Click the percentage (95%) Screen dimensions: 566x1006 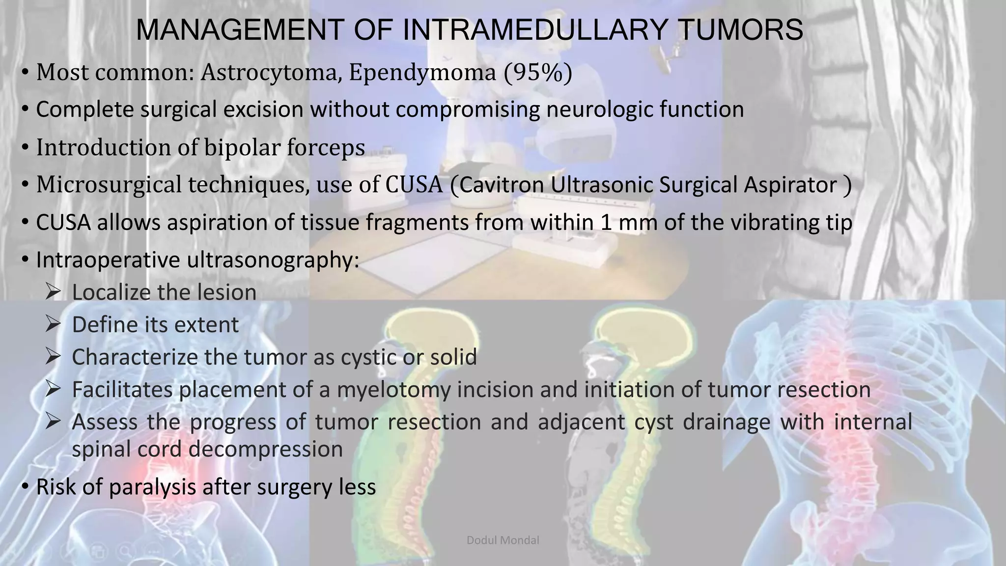tap(537, 73)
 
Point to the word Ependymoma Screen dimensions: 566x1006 tap(422, 73)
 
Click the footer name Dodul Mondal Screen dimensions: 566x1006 tap(503, 540)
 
